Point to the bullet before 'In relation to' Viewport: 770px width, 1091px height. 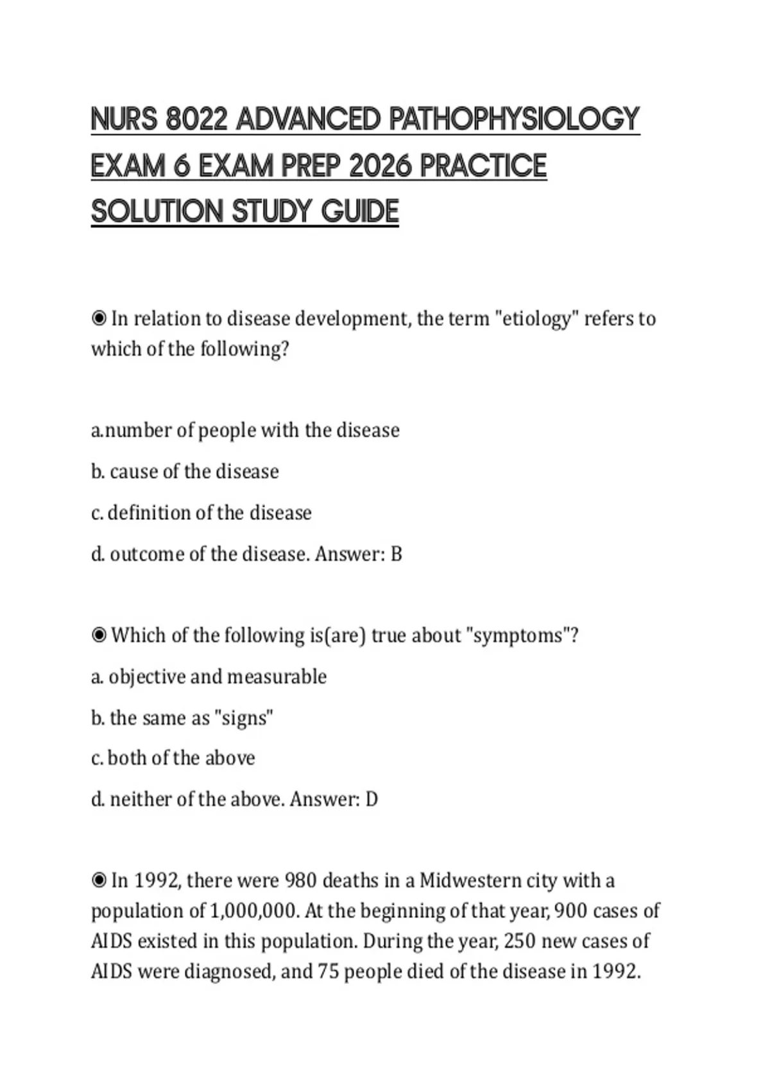coord(99,318)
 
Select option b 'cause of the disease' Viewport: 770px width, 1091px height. coord(185,472)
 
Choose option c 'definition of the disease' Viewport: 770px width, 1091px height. coord(201,513)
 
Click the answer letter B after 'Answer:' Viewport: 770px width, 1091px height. coord(397,554)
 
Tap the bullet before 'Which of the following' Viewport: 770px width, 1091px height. coord(99,635)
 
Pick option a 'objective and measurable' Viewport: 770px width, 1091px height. coord(209,676)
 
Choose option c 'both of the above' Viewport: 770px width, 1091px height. coord(173,758)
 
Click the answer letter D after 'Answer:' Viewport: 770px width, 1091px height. coord(372,799)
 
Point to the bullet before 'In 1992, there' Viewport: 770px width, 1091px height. coord(99,881)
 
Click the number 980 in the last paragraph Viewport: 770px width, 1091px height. coord(300,881)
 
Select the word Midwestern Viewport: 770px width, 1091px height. coord(470,881)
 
